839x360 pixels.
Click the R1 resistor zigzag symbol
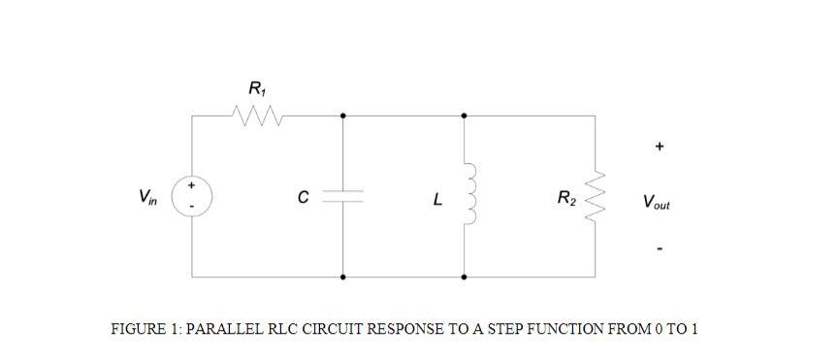pos(257,115)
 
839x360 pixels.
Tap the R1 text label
pos(255,90)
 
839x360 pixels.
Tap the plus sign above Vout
pos(659,147)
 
